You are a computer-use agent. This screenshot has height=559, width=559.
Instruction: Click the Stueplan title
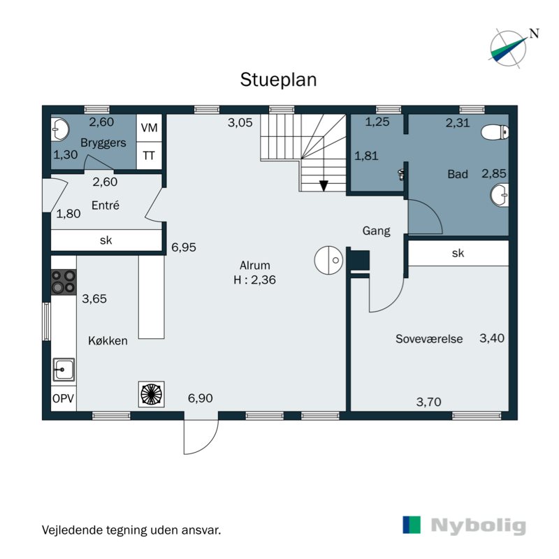click(278, 79)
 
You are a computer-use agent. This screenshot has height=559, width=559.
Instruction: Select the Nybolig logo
click(464, 525)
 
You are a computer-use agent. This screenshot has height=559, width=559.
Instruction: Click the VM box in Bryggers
click(149, 128)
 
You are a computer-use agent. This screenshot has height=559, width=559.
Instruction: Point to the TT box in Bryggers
click(149, 155)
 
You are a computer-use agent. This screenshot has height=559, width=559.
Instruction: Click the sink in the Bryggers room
click(60, 129)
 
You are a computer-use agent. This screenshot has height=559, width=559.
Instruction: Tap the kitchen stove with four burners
click(64, 282)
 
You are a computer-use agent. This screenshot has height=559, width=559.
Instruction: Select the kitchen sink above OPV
click(64, 368)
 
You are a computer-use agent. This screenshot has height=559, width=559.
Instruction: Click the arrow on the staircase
click(324, 184)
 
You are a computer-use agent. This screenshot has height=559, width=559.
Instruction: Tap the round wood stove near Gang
click(328, 260)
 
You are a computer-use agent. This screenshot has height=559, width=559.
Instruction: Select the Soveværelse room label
click(429, 339)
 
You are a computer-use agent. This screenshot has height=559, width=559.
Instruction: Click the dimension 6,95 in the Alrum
click(184, 247)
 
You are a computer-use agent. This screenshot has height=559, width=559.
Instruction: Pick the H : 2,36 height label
click(256, 279)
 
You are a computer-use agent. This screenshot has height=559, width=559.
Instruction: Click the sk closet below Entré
click(106, 240)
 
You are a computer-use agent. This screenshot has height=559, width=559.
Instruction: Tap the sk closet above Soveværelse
click(458, 254)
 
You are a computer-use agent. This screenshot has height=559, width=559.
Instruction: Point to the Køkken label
click(108, 341)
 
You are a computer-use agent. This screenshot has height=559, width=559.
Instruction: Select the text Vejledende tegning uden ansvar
click(131, 530)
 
